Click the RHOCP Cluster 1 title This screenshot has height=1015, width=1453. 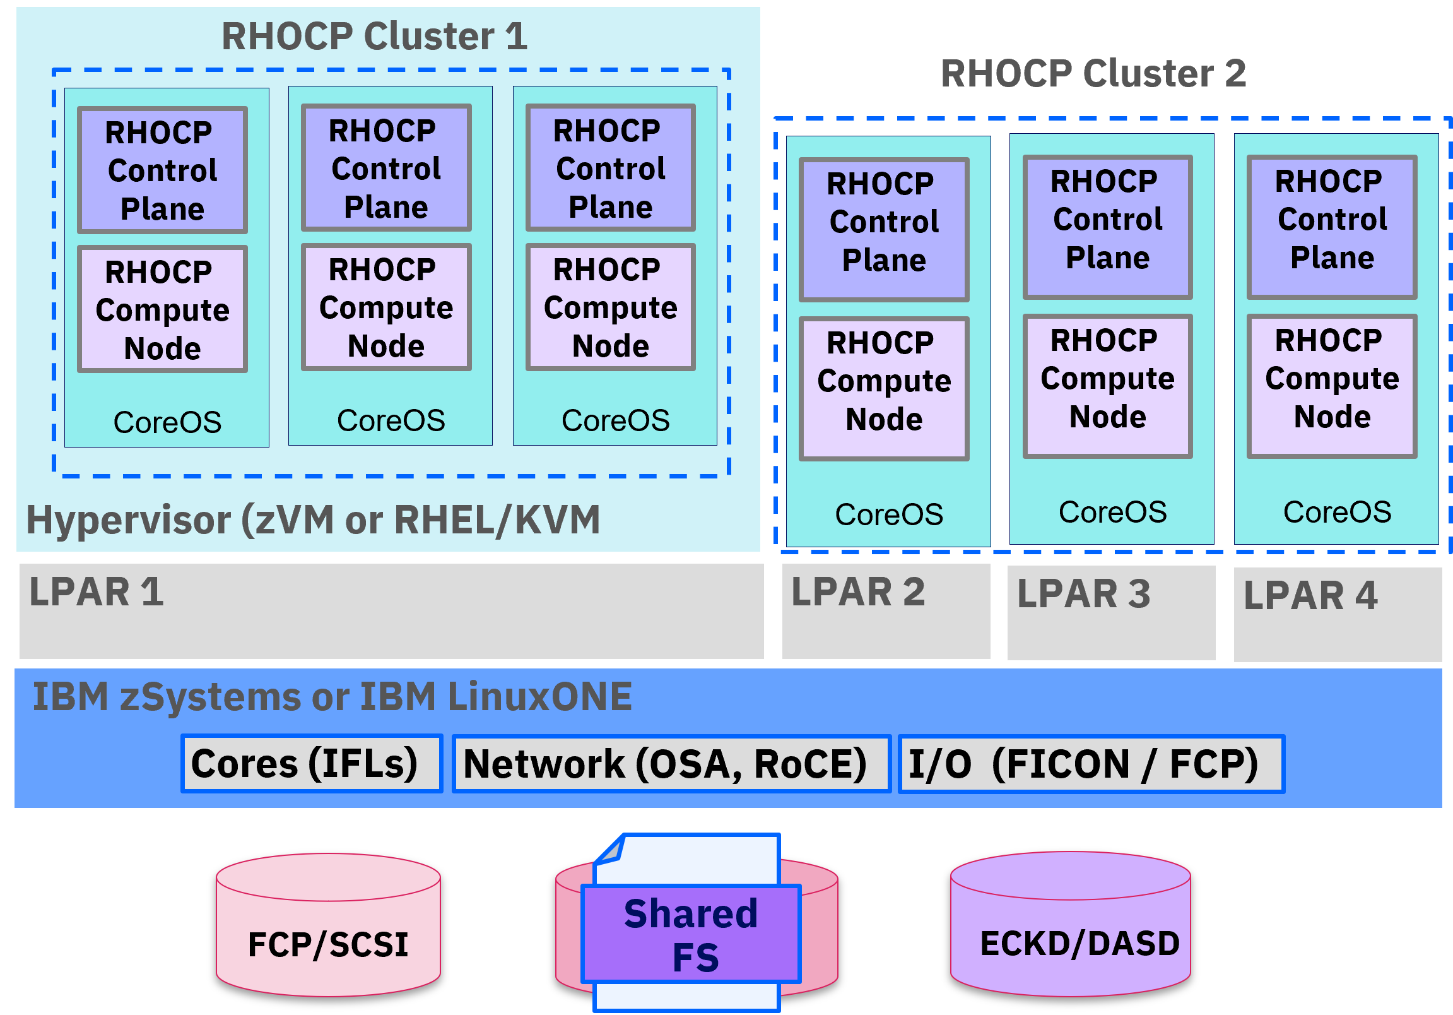[x=374, y=36]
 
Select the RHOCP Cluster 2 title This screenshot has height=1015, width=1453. [x=1093, y=73]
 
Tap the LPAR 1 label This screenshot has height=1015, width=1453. [x=96, y=592]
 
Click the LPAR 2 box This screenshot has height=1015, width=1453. [x=886, y=612]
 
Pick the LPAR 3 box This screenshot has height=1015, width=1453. [x=1111, y=613]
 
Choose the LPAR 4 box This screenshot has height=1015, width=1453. [x=1338, y=614]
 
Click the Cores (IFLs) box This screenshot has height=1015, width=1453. [x=312, y=763]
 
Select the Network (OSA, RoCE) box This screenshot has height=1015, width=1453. [x=671, y=763]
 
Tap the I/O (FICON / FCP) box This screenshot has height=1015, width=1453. [x=1091, y=763]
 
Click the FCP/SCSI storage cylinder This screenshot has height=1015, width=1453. [x=328, y=925]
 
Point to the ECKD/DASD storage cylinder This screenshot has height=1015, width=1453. [x=1070, y=925]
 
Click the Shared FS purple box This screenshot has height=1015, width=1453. [x=691, y=934]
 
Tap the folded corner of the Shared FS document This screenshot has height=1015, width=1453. [x=610, y=850]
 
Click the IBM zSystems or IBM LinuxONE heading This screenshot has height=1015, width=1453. [x=332, y=696]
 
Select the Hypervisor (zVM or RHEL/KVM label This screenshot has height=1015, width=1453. [x=313, y=520]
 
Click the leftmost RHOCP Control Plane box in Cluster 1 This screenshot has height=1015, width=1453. [x=162, y=170]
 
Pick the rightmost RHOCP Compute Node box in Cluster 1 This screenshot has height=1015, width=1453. [x=610, y=307]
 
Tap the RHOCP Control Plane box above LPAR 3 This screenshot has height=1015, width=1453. [x=1107, y=227]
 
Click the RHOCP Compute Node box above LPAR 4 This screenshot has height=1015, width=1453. [x=1331, y=386]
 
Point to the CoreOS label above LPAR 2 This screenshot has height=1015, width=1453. [x=888, y=514]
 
